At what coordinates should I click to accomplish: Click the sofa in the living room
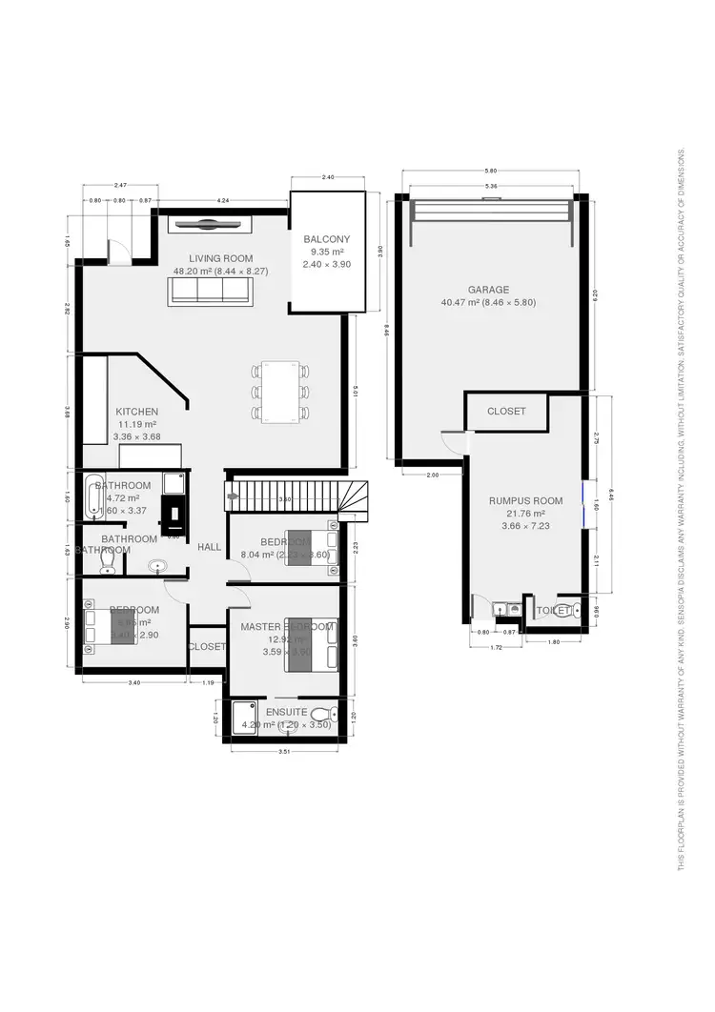(210, 292)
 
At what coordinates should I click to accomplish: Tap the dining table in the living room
(281, 390)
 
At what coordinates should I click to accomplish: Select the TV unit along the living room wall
(210, 224)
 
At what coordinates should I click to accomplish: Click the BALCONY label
(327, 239)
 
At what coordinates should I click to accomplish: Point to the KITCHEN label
(137, 412)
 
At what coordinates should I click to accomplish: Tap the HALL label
(210, 547)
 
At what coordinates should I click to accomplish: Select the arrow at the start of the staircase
(232, 496)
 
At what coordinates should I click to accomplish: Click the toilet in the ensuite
(321, 715)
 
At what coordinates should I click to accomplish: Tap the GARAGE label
(488, 290)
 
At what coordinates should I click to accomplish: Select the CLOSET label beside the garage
(506, 412)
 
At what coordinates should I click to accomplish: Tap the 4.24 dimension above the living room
(222, 201)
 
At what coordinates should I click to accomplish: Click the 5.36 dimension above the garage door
(491, 186)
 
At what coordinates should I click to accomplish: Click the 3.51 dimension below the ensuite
(283, 754)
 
